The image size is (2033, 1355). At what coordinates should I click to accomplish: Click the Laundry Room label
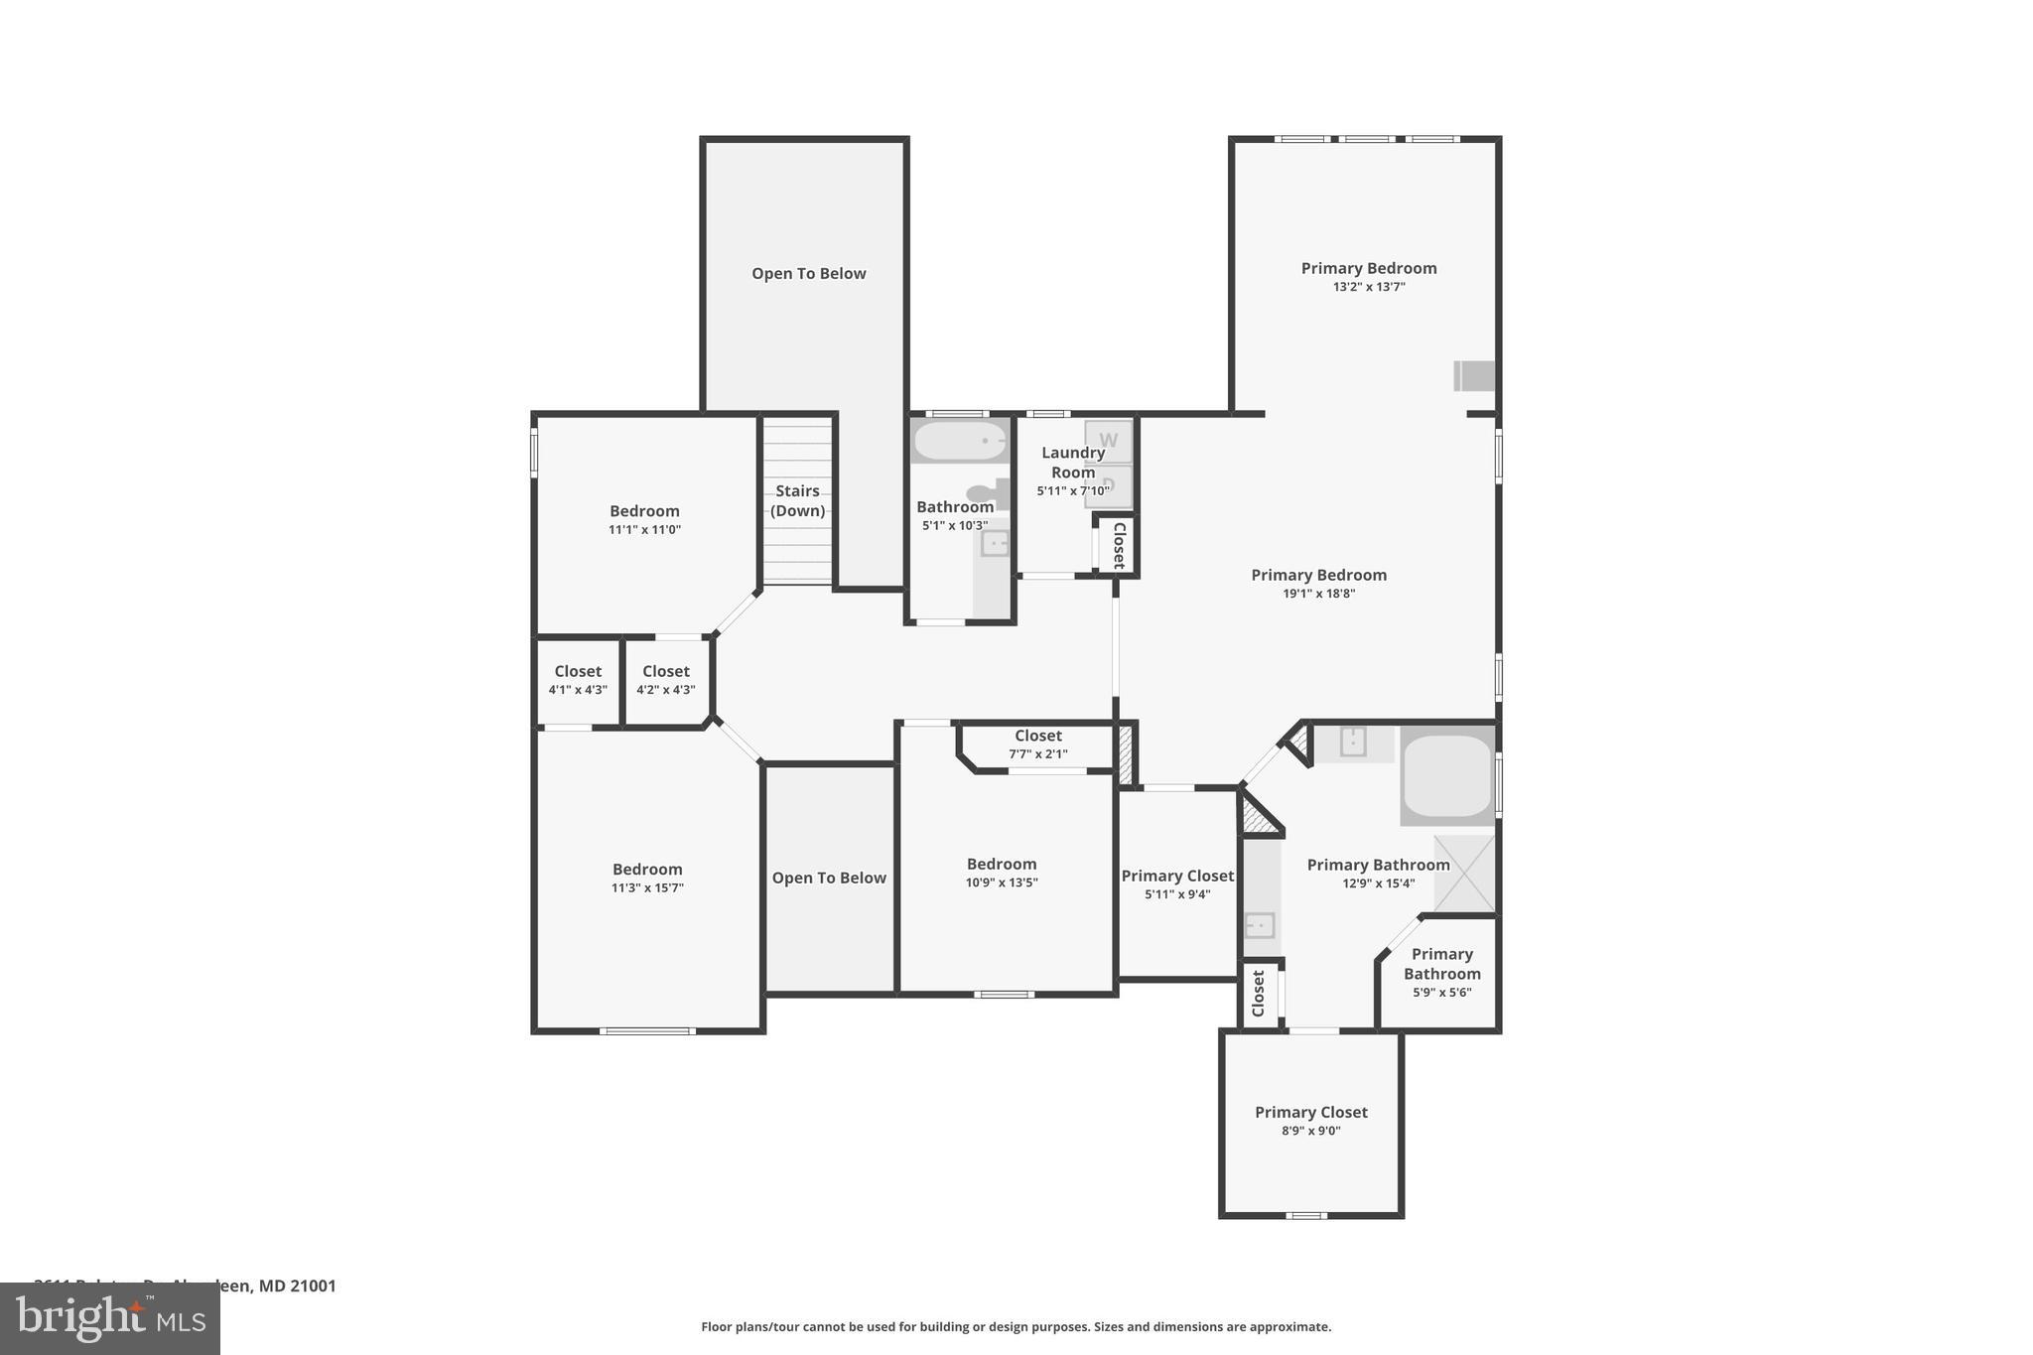coord(1072,463)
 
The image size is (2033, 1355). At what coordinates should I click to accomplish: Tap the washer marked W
coord(1108,441)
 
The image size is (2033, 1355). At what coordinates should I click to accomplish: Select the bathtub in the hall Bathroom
coord(960,441)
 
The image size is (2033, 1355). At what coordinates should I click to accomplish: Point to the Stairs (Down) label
coord(798,500)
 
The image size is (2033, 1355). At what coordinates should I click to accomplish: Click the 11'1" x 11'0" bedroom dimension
coord(644,530)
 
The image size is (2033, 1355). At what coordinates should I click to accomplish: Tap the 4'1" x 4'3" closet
coord(578,681)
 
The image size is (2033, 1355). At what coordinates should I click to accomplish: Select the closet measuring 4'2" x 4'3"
coord(665,681)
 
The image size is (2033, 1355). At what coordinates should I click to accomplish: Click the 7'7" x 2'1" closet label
coord(1038,745)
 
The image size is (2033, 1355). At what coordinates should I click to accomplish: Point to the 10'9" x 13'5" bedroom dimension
coord(1002,882)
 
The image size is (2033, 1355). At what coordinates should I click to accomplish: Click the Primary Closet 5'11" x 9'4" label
coord(1177,883)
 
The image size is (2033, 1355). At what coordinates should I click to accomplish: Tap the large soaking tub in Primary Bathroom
coord(1447,776)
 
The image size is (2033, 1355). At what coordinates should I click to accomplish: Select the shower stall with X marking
coord(1464,874)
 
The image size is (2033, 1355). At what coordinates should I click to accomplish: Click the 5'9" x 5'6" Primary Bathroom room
coord(1441,973)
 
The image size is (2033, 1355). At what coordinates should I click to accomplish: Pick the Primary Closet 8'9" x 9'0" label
coord(1310,1121)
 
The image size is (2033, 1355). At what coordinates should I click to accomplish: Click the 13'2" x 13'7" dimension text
coord(1369,287)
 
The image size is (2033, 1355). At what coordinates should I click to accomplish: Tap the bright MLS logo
coord(109,1318)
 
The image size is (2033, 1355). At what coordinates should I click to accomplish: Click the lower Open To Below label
coord(829,878)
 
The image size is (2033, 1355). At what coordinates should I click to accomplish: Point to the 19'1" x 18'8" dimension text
coord(1318,594)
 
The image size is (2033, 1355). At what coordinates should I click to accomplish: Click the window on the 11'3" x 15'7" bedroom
coord(647,1031)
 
